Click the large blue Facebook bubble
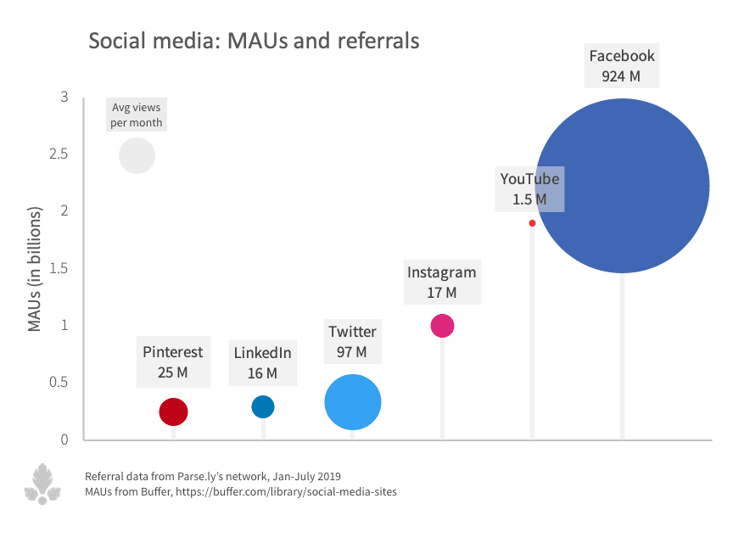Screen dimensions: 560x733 pyautogui.click(x=623, y=186)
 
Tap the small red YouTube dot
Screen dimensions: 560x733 pyautogui.click(x=532, y=223)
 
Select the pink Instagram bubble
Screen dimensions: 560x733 pyautogui.click(x=442, y=326)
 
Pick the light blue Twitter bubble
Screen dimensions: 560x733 pyautogui.click(x=353, y=402)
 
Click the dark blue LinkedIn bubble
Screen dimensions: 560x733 pyautogui.click(x=263, y=407)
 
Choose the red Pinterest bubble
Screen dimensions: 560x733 pyautogui.click(x=173, y=412)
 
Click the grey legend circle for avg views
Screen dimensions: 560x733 pyautogui.click(x=137, y=155)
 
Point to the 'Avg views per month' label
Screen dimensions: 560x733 pyautogui.click(x=137, y=115)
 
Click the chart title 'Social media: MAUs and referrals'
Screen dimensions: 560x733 pyautogui.click(x=255, y=41)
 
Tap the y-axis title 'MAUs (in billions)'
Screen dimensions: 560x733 pyautogui.click(x=35, y=267)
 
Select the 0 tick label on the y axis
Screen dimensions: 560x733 pyautogui.click(x=64, y=440)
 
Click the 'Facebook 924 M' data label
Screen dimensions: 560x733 pyautogui.click(x=622, y=66)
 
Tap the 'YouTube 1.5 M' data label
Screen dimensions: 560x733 pyautogui.click(x=529, y=188)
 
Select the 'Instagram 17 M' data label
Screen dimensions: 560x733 pyautogui.click(x=441, y=283)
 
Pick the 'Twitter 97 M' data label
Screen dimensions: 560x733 pyautogui.click(x=352, y=341)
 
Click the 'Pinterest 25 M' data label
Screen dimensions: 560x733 pyautogui.click(x=172, y=361)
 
